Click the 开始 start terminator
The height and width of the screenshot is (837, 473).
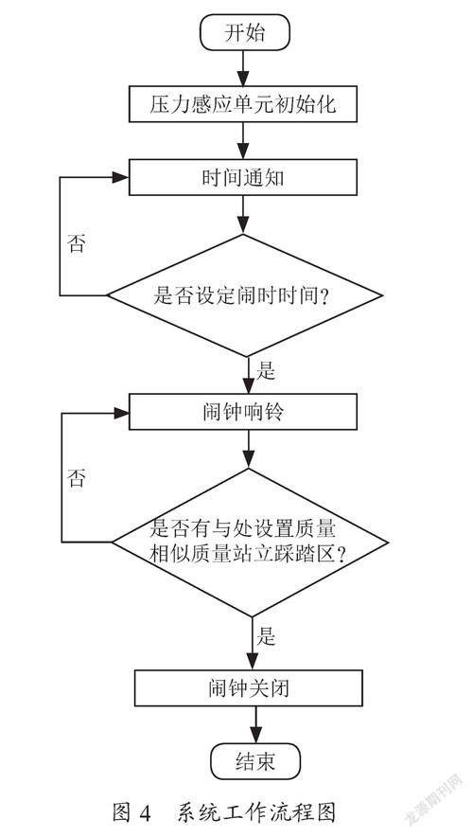[245, 32]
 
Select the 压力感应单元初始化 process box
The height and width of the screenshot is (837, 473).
[243, 104]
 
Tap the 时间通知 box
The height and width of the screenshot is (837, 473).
[243, 177]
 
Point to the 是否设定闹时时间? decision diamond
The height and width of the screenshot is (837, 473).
[245, 295]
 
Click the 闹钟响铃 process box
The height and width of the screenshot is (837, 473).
[243, 412]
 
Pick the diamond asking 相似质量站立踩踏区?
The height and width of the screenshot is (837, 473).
[250, 543]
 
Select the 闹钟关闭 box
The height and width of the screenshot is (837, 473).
[249, 688]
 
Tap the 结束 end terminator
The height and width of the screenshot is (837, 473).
[255, 761]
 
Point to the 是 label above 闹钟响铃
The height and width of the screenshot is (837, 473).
[266, 370]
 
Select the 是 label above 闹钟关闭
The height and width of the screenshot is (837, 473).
[266, 635]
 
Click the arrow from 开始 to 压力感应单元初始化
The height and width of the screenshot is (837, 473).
[243, 69]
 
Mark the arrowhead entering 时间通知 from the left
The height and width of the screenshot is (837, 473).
[121, 177]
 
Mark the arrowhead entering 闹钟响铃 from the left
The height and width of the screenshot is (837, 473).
[121, 412]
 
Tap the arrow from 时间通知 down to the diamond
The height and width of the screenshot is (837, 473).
[243, 215]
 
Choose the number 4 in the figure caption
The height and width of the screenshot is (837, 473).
[144, 813]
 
